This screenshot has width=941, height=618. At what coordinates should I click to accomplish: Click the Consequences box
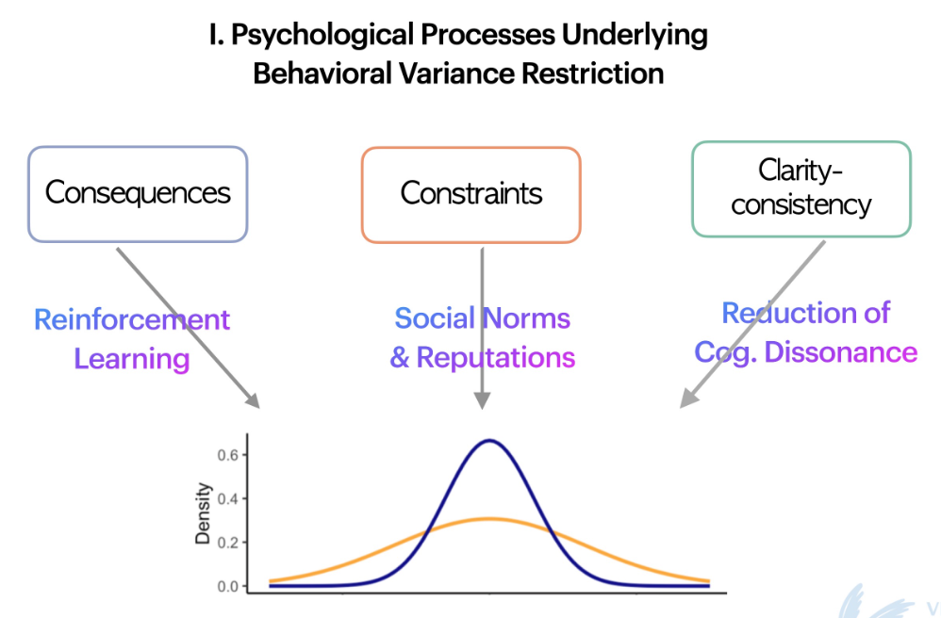click(x=138, y=193)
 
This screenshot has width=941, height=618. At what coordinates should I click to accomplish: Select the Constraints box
click(x=470, y=194)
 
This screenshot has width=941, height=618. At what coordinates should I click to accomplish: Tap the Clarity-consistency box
click(x=801, y=187)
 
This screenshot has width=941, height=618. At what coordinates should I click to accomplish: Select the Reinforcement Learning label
click(x=132, y=338)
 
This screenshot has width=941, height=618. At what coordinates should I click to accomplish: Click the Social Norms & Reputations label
click(x=482, y=337)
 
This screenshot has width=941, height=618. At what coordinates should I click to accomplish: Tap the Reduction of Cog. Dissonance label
click(x=805, y=333)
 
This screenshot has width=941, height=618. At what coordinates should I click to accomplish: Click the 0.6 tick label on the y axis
click(x=225, y=455)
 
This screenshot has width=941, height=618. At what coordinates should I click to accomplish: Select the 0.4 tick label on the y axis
click(x=225, y=498)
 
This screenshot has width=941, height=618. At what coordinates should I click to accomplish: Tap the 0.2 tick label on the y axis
click(x=225, y=543)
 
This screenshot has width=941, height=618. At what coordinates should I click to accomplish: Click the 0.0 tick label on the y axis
click(x=225, y=586)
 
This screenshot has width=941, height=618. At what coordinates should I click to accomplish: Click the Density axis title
click(x=203, y=515)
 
